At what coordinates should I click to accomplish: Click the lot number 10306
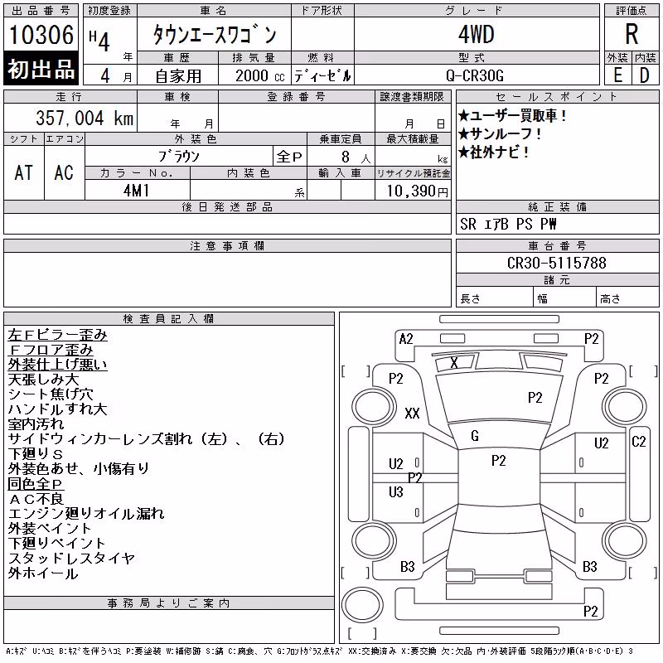[x=41, y=34]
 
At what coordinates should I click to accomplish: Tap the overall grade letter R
[x=632, y=34]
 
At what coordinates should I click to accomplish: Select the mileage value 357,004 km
[x=85, y=118]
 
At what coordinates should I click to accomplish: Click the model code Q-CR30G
[x=475, y=75]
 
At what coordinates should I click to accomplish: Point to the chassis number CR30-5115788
[x=556, y=263]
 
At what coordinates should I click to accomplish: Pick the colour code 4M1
[x=136, y=191]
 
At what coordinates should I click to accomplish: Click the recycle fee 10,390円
[x=417, y=191]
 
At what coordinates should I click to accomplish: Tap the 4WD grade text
[x=476, y=34]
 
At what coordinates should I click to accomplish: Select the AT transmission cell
[x=23, y=172]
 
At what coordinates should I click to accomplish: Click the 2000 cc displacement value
[x=259, y=75]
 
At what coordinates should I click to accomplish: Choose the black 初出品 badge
[x=41, y=68]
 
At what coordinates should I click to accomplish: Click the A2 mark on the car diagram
[x=406, y=339]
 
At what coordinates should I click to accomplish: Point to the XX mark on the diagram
[x=412, y=413]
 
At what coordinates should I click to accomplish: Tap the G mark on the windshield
[x=475, y=436]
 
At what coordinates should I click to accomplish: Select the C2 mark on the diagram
[x=638, y=442]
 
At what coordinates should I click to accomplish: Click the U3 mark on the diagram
[x=396, y=492]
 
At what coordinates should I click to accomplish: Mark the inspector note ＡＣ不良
[x=36, y=499]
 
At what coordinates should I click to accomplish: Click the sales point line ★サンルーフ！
[x=500, y=134]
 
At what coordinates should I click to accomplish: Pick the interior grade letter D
[x=645, y=75]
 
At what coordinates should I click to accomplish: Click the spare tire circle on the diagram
[x=362, y=604]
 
